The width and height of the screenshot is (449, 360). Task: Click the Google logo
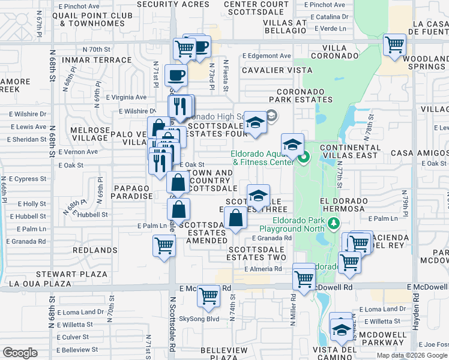point(20,353)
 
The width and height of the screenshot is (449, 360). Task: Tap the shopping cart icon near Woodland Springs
point(395,45)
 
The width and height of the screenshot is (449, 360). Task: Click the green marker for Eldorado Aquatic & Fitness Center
point(304,158)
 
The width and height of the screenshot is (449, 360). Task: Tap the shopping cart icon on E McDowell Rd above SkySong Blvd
point(208,296)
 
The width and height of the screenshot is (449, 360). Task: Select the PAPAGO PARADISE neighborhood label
point(131,192)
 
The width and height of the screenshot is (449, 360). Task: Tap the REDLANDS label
point(95,250)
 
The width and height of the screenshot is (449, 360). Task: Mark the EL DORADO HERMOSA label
point(343,204)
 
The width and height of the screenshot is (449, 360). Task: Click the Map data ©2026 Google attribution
point(411,355)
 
